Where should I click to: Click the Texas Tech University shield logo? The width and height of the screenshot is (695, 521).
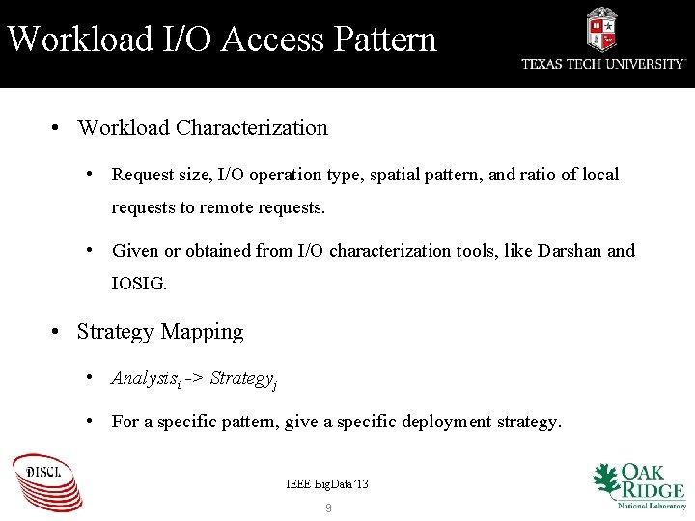click(602, 29)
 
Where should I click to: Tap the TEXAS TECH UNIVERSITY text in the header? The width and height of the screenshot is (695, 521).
click(603, 64)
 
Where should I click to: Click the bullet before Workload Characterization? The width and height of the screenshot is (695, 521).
click(58, 127)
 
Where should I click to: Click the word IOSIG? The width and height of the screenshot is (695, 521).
click(139, 284)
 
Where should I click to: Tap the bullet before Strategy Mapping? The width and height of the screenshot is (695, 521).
click(58, 332)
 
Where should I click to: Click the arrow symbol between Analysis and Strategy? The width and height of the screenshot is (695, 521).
click(195, 378)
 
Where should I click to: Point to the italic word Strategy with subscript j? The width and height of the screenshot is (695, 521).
click(240, 378)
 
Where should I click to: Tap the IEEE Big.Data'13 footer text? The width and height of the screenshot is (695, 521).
click(327, 483)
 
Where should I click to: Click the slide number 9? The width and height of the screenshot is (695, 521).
click(328, 507)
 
